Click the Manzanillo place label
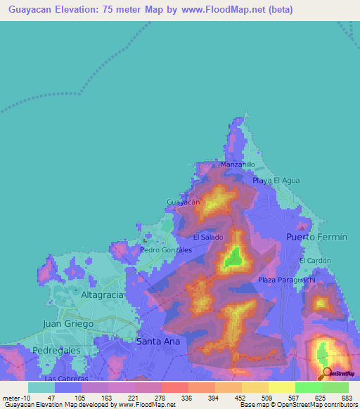click(x=238, y=164)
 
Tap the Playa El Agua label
click(x=276, y=181)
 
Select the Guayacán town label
click(x=184, y=202)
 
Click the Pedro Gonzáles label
click(x=167, y=249)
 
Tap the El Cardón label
click(x=314, y=261)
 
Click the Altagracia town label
click(x=103, y=294)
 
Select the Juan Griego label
click(x=68, y=323)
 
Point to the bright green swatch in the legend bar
click(x=309, y=387)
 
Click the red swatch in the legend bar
click(x=175, y=387)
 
